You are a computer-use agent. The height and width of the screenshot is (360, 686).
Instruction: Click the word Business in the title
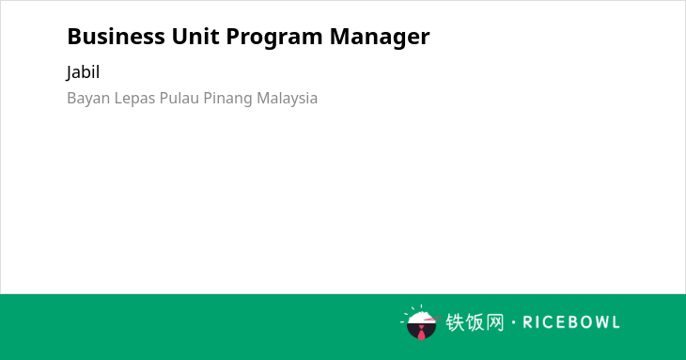click(x=116, y=37)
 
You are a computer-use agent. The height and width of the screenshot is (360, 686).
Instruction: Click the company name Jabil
click(x=83, y=72)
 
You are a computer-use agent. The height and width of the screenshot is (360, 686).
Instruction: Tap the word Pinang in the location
click(x=227, y=99)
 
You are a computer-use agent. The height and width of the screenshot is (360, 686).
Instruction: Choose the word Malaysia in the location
click(x=287, y=99)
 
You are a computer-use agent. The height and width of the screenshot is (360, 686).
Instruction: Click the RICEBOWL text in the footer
click(x=571, y=322)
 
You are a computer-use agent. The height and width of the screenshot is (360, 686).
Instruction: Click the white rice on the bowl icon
click(x=420, y=318)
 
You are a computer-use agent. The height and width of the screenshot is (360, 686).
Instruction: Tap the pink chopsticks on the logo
click(x=432, y=320)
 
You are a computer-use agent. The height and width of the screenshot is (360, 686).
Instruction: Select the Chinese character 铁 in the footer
click(x=455, y=322)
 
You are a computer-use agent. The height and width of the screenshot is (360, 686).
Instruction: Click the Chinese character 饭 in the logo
click(x=475, y=322)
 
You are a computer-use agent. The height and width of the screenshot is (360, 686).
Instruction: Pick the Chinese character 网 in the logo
click(x=495, y=322)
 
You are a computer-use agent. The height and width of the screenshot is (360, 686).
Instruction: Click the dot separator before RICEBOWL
click(x=514, y=322)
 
